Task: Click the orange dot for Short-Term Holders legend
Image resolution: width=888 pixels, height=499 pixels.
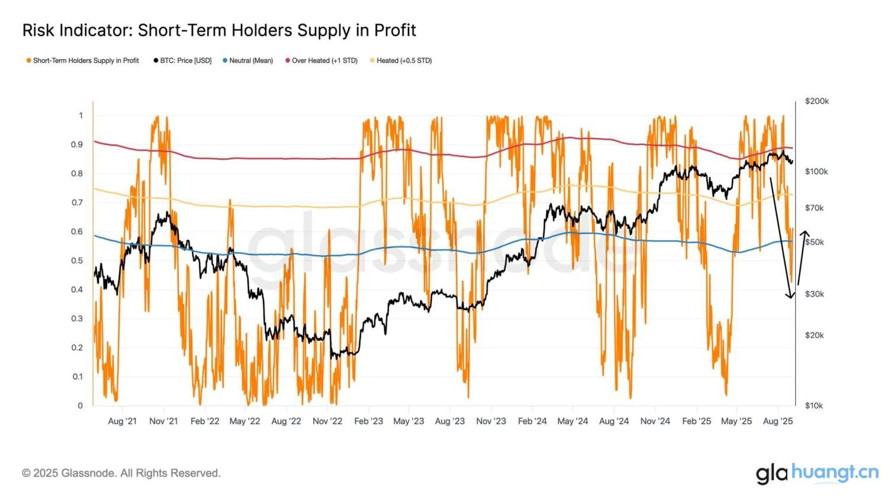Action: [x=28, y=60]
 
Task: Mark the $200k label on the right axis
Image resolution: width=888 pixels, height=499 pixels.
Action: [x=817, y=101]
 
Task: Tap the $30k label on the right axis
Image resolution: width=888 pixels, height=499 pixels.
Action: [x=815, y=294]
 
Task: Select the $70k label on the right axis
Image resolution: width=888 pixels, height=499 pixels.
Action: [x=815, y=208]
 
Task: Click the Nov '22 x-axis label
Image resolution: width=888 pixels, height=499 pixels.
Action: [x=327, y=421]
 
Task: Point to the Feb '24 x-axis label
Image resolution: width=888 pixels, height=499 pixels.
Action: [x=532, y=421]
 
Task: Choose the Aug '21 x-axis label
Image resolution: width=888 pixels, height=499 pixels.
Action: [x=123, y=421]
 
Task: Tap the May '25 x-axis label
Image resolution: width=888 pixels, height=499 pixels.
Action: [x=737, y=421]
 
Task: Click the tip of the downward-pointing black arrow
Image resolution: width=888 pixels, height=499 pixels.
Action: [x=790, y=298]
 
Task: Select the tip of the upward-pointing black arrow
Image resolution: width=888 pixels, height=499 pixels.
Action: [x=805, y=231]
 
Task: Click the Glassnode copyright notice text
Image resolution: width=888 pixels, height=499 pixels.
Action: [x=121, y=473]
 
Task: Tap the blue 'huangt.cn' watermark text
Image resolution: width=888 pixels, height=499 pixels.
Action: [x=835, y=472]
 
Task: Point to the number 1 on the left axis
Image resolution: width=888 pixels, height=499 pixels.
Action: [x=81, y=115]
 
